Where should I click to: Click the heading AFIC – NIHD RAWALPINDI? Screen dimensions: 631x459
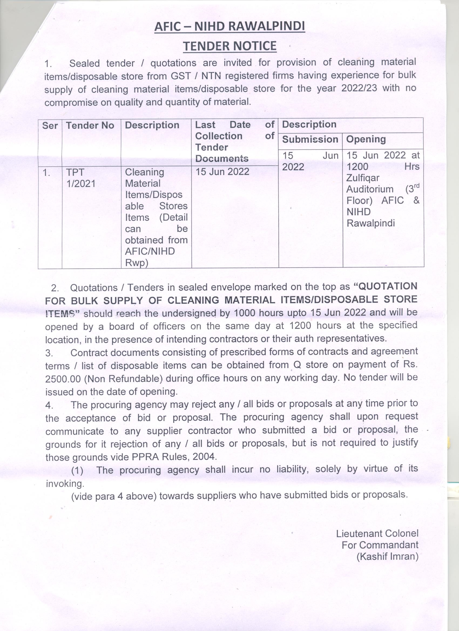click(x=230, y=27)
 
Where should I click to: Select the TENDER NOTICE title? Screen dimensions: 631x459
click(x=230, y=46)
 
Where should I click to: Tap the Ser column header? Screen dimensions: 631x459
click(x=50, y=125)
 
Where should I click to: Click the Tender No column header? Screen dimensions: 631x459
click(x=90, y=125)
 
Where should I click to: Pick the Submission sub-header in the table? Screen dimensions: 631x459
click(x=310, y=139)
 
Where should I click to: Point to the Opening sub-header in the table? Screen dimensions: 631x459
click(x=366, y=139)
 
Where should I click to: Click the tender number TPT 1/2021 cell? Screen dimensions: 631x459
click(x=81, y=178)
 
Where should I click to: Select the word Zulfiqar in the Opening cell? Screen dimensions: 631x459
click(x=363, y=178)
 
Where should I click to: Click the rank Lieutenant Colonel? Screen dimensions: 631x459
click(x=377, y=533)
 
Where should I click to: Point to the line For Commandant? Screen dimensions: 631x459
click(x=380, y=545)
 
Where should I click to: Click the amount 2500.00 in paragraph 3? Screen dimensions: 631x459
click(x=63, y=379)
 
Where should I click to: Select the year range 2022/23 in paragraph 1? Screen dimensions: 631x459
click(x=359, y=88)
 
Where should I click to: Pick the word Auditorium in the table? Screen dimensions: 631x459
click(x=370, y=190)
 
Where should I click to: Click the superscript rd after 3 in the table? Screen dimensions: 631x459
click(x=416, y=186)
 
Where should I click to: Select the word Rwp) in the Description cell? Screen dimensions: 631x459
click(x=136, y=263)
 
